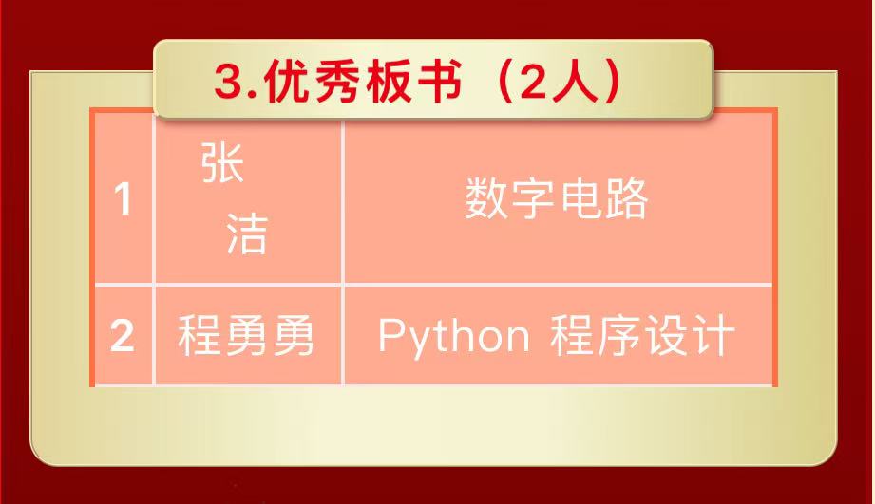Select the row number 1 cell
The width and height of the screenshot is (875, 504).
coord(123,200)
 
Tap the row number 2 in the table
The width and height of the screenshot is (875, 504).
coord(123,337)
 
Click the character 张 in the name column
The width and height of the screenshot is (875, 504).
coord(222,165)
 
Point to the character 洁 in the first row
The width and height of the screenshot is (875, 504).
coord(246,234)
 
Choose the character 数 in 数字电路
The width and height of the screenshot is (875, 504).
coord(486,200)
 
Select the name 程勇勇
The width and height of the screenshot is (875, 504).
coord(246,337)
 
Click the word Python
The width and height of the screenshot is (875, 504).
coord(453,337)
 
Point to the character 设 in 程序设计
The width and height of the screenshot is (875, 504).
coord(666,337)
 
